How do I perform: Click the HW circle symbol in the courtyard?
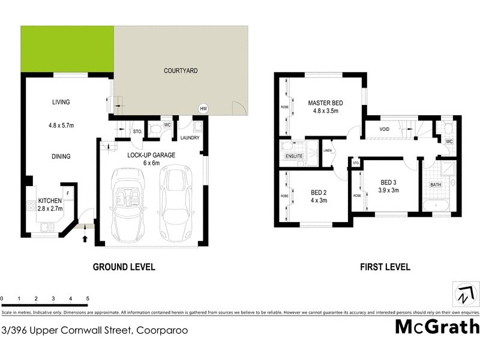coord(203,109)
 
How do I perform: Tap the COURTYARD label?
coord(181,71)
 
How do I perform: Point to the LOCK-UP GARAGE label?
coord(151,155)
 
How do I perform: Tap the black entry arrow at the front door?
coord(84,239)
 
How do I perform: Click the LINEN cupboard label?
coord(328,151)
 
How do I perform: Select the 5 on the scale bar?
coord(88,298)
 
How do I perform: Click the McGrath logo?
coord(437,327)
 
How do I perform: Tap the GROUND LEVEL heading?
coord(124,267)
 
